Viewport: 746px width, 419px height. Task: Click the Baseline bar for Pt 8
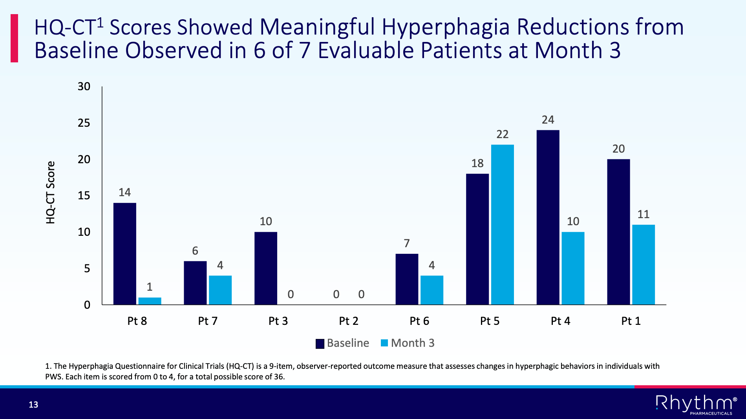pos(125,253)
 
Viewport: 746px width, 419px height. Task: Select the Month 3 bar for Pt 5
pos(502,224)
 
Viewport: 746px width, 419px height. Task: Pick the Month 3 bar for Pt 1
pos(643,264)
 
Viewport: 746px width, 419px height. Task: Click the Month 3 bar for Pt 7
pos(220,290)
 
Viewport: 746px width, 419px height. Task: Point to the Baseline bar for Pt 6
pos(407,279)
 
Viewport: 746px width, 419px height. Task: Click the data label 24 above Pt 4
pos(548,120)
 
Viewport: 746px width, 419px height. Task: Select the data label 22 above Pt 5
pos(502,135)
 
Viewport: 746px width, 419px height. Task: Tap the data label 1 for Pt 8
pos(150,287)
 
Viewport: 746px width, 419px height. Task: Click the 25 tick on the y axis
pos(84,123)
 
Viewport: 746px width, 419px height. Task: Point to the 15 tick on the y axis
pos(84,196)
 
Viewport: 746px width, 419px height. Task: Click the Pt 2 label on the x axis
pos(348,321)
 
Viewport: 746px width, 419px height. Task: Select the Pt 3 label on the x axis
pos(278,321)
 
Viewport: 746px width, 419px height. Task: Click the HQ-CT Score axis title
pos(51,193)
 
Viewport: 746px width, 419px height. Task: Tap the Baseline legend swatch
pos(320,344)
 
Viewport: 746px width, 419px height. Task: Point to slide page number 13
pos(33,404)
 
